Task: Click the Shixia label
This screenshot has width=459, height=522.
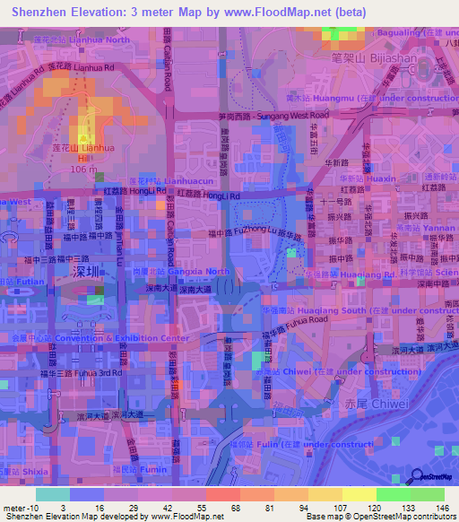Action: pos(30,470)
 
